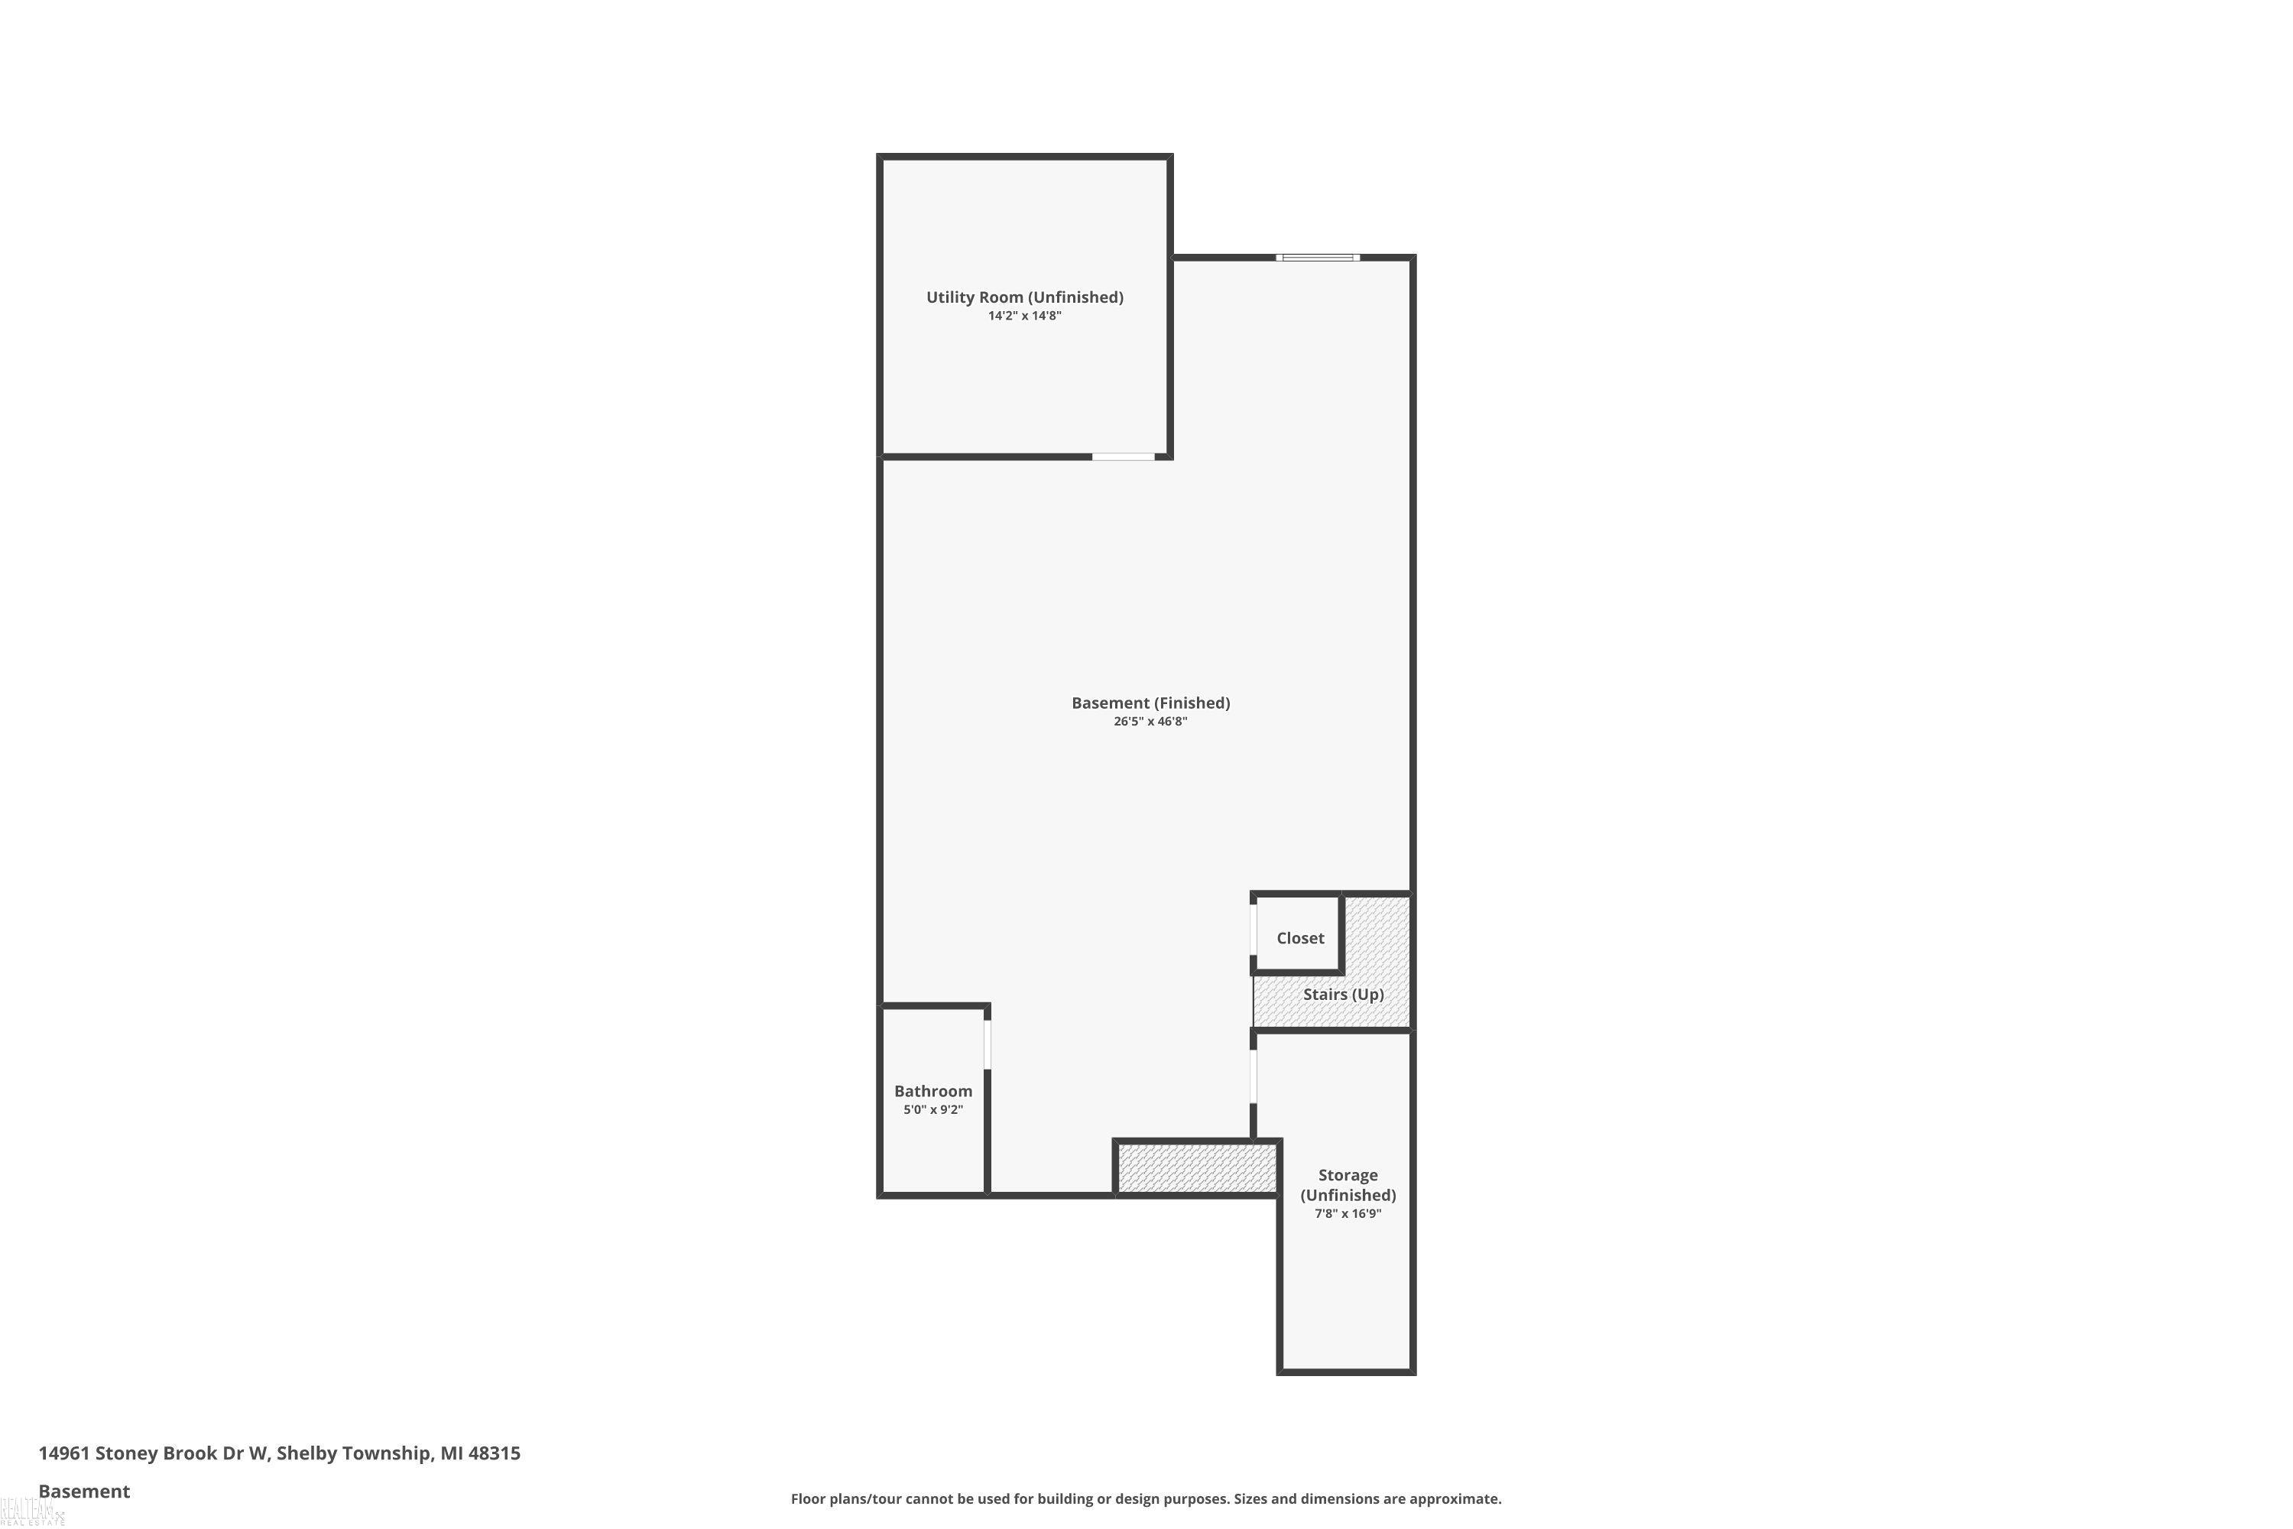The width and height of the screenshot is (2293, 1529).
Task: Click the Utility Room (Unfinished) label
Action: coord(1025,297)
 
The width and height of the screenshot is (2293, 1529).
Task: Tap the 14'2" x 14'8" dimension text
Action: coord(1025,316)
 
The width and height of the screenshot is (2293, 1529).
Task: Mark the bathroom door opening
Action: coord(988,1044)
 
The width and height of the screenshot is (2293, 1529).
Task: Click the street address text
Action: coord(280,1453)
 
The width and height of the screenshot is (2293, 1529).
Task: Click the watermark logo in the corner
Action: coord(32,1514)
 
